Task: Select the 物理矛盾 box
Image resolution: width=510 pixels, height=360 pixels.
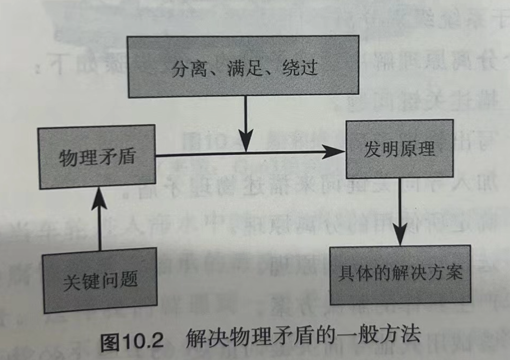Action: (x=97, y=157)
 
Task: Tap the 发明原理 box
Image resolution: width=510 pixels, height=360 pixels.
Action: (x=399, y=149)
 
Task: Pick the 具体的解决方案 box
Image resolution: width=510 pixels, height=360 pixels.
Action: (x=400, y=274)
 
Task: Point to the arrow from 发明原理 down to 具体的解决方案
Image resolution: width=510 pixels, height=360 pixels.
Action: (x=399, y=212)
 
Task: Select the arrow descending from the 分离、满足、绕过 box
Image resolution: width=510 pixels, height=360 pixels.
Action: (x=246, y=120)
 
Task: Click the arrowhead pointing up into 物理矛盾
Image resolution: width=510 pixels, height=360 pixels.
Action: (x=100, y=195)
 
